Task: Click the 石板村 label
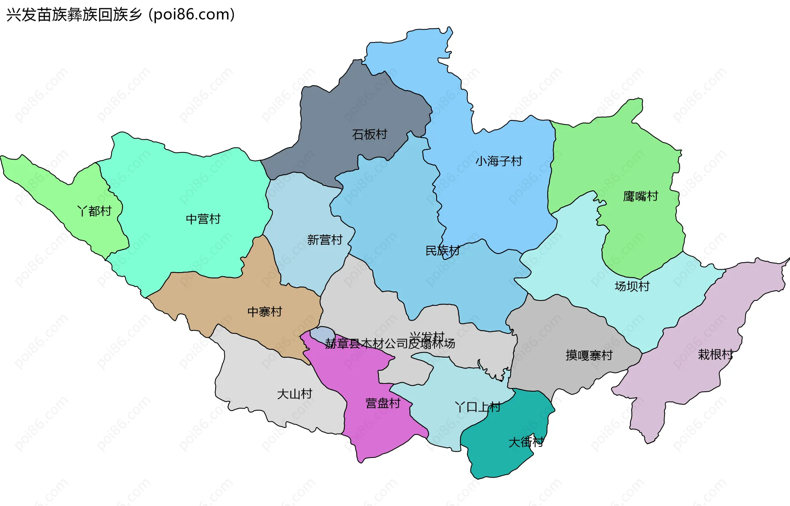pyautogui.click(x=369, y=134)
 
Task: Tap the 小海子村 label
pyautogui.click(x=499, y=161)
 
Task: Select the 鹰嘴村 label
pyautogui.click(x=640, y=196)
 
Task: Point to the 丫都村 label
pyautogui.click(x=94, y=211)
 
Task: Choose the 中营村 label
pyautogui.click(x=203, y=219)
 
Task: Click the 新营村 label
pyautogui.click(x=325, y=240)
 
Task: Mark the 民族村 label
pyautogui.click(x=442, y=250)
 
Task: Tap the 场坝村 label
pyautogui.click(x=632, y=286)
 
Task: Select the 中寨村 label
pyautogui.click(x=265, y=312)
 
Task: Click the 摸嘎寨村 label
pyautogui.click(x=589, y=355)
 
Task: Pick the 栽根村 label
pyautogui.click(x=715, y=354)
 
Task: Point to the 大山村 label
pyautogui.click(x=295, y=394)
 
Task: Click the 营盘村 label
pyautogui.click(x=383, y=403)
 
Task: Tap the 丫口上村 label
pyautogui.click(x=477, y=407)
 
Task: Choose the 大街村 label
pyautogui.click(x=526, y=442)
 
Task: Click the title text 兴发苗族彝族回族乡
pyautogui.click(x=74, y=15)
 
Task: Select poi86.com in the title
pyautogui.click(x=192, y=15)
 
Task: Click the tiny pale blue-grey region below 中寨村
pyautogui.click(x=321, y=333)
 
